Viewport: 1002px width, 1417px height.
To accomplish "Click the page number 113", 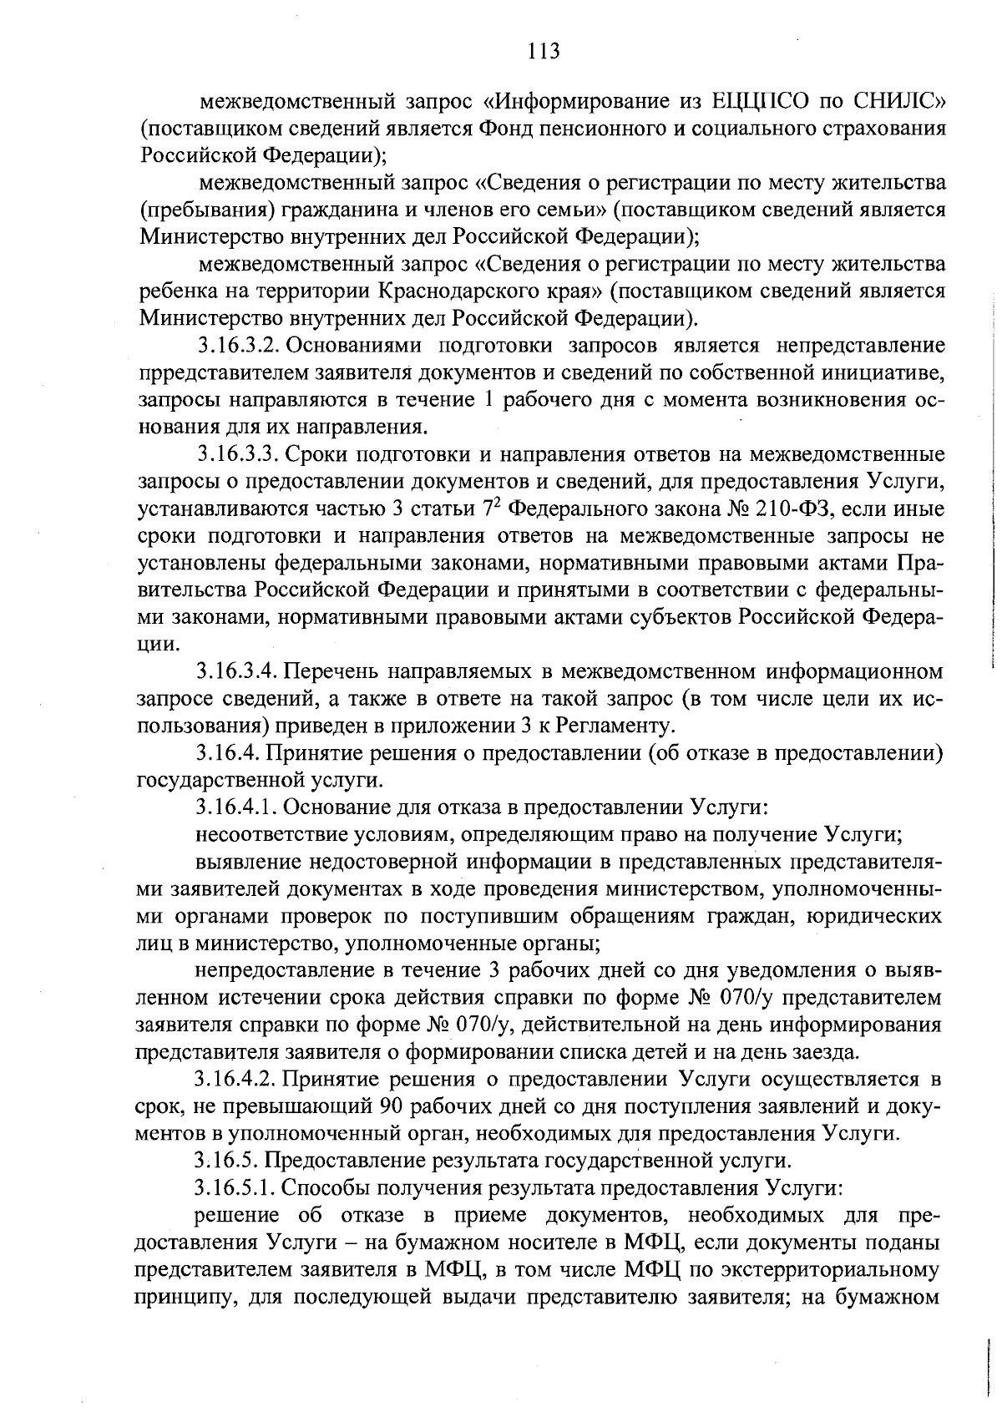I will [x=544, y=52].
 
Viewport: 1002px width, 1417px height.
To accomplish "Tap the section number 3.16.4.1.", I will [x=235, y=807].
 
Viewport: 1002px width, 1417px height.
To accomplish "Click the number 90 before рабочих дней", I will [x=392, y=1107].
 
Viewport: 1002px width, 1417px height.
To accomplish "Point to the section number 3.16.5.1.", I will [x=235, y=1188].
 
